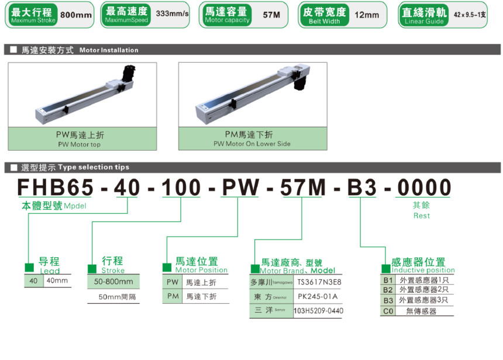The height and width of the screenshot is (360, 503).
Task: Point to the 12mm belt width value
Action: (367, 15)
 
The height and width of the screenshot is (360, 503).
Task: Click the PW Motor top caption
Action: (82, 139)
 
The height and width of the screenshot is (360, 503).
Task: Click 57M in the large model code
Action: (303, 188)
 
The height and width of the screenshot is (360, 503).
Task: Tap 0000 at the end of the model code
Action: (425, 188)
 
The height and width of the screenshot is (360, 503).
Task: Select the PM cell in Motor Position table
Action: (172, 296)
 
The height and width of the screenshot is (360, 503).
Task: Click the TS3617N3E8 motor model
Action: (319, 282)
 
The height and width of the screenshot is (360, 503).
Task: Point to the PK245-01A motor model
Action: (319, 296)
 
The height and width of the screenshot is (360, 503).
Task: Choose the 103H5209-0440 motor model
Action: (318, 311)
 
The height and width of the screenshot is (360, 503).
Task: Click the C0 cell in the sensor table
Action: (387, 311)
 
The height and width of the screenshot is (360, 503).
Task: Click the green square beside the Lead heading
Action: (29, 267)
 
